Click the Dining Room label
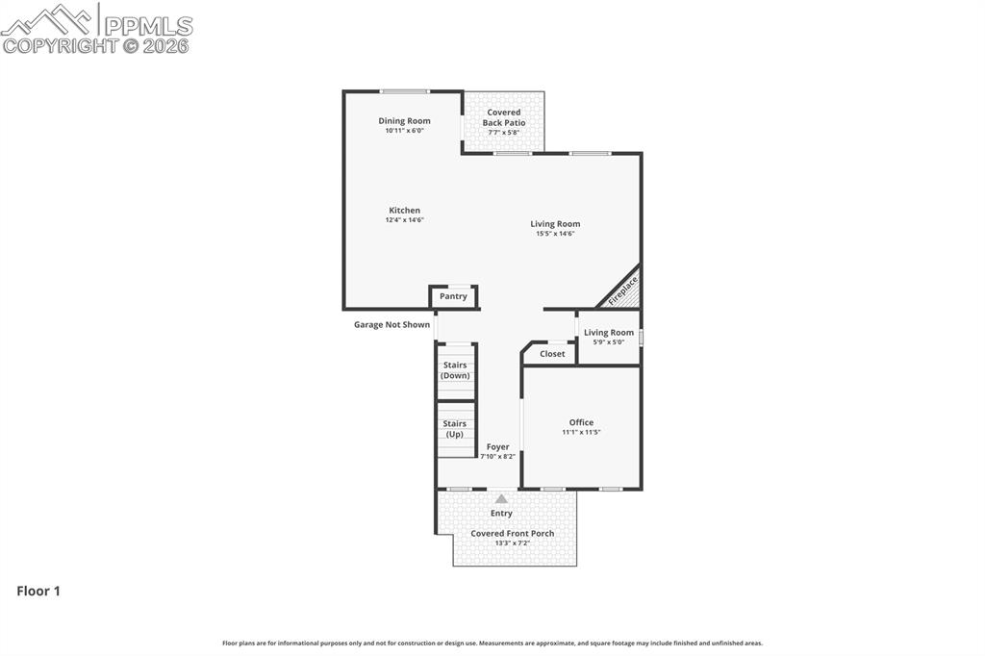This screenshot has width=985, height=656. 404,121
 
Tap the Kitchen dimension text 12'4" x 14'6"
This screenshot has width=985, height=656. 404,220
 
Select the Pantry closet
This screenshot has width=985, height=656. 453,296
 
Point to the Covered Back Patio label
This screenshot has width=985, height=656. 504,117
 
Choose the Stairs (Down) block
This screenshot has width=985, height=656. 455,370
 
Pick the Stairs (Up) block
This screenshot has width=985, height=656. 455,428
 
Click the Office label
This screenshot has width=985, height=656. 581,422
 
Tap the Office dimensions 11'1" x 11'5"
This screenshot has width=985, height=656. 581,433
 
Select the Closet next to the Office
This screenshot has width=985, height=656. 552,354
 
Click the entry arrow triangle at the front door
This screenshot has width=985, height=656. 501,499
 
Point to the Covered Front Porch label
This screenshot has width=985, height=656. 512,533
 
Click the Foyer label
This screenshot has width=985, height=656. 497,446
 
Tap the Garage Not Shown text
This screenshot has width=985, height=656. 391,325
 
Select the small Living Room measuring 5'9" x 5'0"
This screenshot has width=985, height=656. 609,337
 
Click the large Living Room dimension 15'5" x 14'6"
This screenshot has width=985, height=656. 555,234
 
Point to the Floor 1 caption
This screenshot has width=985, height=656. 38,592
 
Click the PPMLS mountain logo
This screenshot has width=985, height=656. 48,19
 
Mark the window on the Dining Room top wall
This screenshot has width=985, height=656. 404,91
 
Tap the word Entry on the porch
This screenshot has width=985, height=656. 501,514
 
